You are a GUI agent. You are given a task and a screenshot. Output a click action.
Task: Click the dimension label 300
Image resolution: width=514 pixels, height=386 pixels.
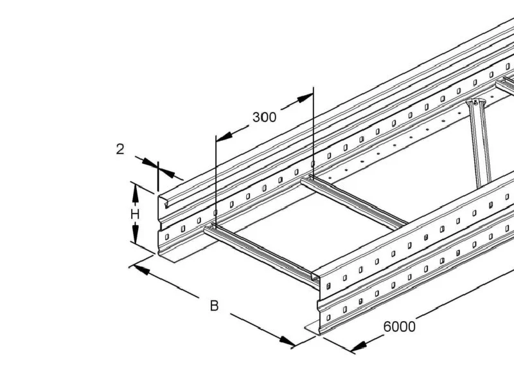click(264, 117)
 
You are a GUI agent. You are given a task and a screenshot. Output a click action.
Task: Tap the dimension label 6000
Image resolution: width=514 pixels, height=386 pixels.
click(399, 327)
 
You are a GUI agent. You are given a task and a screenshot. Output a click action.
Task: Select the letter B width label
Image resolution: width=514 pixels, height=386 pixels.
click(214, 306)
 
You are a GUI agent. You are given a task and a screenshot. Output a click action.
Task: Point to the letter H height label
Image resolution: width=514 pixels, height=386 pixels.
click(135, 215)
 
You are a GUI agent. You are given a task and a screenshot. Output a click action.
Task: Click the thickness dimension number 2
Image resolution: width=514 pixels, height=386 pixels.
click(120, 149)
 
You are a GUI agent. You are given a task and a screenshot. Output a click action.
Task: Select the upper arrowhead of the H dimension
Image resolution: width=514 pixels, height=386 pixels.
click(135, 194)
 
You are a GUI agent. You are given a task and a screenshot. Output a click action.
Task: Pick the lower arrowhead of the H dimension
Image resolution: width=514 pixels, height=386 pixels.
click(136, 233)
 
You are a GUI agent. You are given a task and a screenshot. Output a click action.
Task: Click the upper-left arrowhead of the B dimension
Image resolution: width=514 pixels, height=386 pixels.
click(141, 270)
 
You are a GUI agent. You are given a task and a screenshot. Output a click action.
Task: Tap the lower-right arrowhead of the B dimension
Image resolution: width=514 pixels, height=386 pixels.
click(287, 341)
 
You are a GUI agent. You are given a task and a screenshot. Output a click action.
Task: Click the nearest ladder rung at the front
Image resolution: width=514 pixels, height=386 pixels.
click(261, 253)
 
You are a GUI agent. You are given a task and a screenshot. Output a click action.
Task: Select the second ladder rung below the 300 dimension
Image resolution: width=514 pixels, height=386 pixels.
click(354, 203)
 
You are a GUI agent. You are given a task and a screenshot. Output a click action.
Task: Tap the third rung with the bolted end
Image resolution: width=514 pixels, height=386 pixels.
click(479, 143)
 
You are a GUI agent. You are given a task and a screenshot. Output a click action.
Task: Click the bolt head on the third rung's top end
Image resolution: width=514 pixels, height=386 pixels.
click(476, 102)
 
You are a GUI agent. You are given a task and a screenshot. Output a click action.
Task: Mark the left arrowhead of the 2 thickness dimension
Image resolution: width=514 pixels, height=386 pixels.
click(150, 163)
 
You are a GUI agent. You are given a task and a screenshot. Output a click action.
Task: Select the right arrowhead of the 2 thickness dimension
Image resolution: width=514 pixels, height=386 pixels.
click(166, 172)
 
